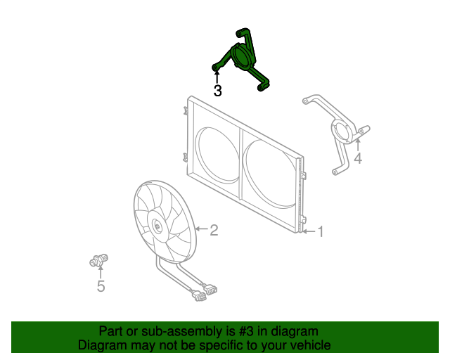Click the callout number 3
point(218,91)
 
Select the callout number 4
point(358,158)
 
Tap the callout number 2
point(214,230)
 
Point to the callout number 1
point(321,231)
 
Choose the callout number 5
point(101,286)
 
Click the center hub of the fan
point(157,226)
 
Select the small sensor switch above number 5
point(98,260)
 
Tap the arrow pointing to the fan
point(202,229)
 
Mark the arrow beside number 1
point(309,231)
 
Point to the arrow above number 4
point(358,145)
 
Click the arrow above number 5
point(101,272)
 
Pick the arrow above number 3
point(217,77)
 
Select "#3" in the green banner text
point(246,332)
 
